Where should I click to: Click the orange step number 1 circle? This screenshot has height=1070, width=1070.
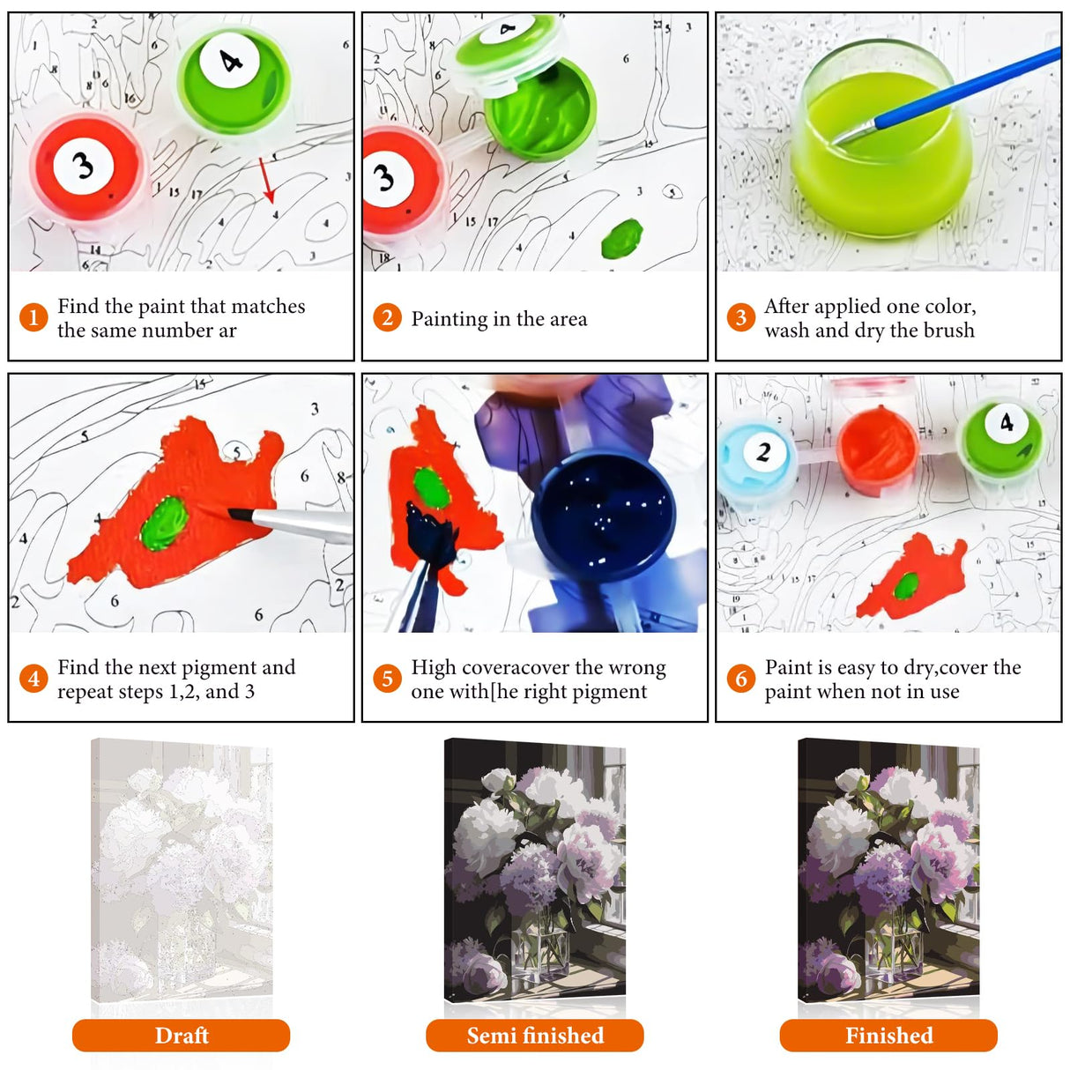tap(33, 317)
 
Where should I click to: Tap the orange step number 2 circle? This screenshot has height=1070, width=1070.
tap(387, 317)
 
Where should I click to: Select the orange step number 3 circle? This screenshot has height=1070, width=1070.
tap(740, 317)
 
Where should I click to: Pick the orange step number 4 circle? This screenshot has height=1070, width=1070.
tap(33, 678)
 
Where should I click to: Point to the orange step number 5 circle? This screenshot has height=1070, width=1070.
tap(387, 678)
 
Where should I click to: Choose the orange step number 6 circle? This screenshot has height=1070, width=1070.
tap(740, 678)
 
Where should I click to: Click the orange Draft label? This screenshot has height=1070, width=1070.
tap(181, 1035)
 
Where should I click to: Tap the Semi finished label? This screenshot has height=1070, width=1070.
tap(535, 1035)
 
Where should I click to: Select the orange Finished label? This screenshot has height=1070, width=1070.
tap(888, 1035)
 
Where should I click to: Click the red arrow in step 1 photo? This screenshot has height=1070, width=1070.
tap(267, 180)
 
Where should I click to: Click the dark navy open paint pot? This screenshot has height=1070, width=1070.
tap(603, 516)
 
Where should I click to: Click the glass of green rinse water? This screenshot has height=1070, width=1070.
tap(881, 138)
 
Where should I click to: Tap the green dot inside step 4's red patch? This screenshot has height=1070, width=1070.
tap(164, 523)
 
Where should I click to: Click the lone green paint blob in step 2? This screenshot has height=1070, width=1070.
tap(622, 239)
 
